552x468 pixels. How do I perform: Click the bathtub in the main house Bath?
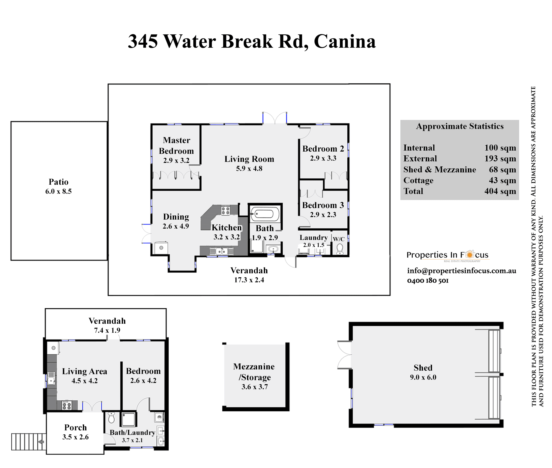(x=265, y=214)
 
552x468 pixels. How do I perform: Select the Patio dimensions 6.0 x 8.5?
(x=58, y=191)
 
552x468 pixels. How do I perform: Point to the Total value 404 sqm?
(x=500, y=191)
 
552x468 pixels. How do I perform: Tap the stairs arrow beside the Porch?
(x=41, y=442)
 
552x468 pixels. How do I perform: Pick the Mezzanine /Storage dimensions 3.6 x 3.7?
(x=254, y=387)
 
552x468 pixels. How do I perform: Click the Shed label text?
(x=423, y=368)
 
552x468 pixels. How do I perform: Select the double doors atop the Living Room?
(x=275, y=118)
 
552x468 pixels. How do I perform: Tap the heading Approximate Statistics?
(x=460, y=126)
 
